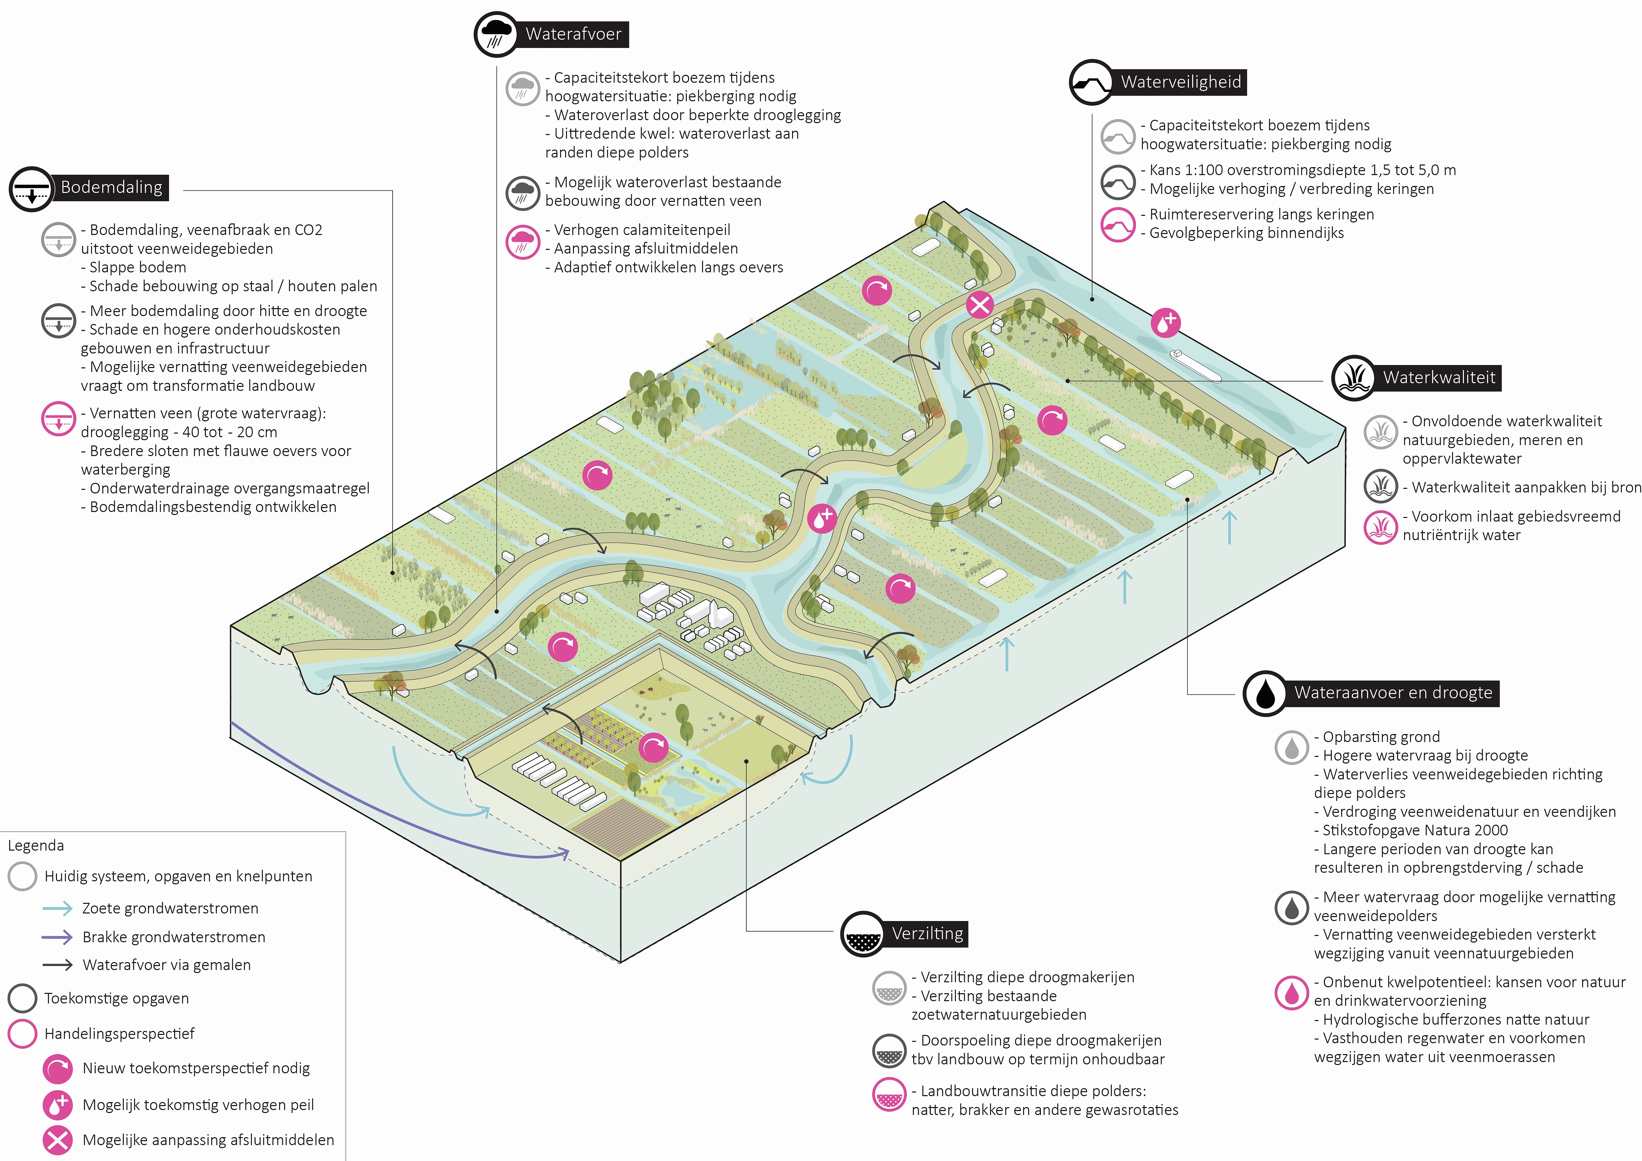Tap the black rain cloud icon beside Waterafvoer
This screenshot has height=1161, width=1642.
495,34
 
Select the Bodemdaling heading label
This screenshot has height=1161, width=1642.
112,187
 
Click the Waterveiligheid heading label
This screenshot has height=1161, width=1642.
1181,82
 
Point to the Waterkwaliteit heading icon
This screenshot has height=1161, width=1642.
1353,378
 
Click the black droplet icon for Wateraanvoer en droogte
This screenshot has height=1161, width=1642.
1265,693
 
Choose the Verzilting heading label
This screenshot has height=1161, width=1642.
927,934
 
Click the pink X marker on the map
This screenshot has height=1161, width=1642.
979,304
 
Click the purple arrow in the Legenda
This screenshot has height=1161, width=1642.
57,937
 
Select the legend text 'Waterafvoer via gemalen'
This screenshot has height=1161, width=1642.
166,965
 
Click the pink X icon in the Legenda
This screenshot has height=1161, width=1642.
57,1139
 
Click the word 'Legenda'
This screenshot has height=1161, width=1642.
36,846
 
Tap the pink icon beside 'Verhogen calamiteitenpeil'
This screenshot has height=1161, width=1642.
522,242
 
